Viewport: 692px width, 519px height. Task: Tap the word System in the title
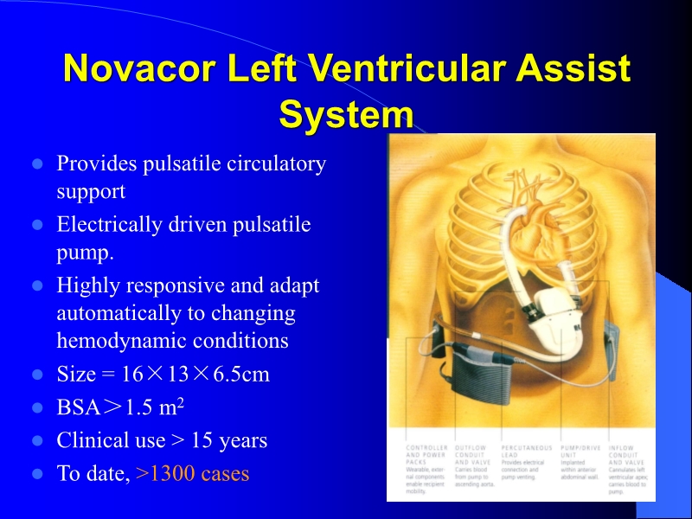coord(346,114)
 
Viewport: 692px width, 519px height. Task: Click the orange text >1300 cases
coord(193,474)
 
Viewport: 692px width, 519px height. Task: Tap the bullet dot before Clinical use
coord(37,441)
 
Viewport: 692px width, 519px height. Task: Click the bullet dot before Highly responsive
coord(37,285)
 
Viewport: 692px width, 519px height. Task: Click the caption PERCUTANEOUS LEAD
coord(526,452)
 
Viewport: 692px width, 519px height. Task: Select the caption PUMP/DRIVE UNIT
coord(580,452)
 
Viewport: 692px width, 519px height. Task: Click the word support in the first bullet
coord(91,191)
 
